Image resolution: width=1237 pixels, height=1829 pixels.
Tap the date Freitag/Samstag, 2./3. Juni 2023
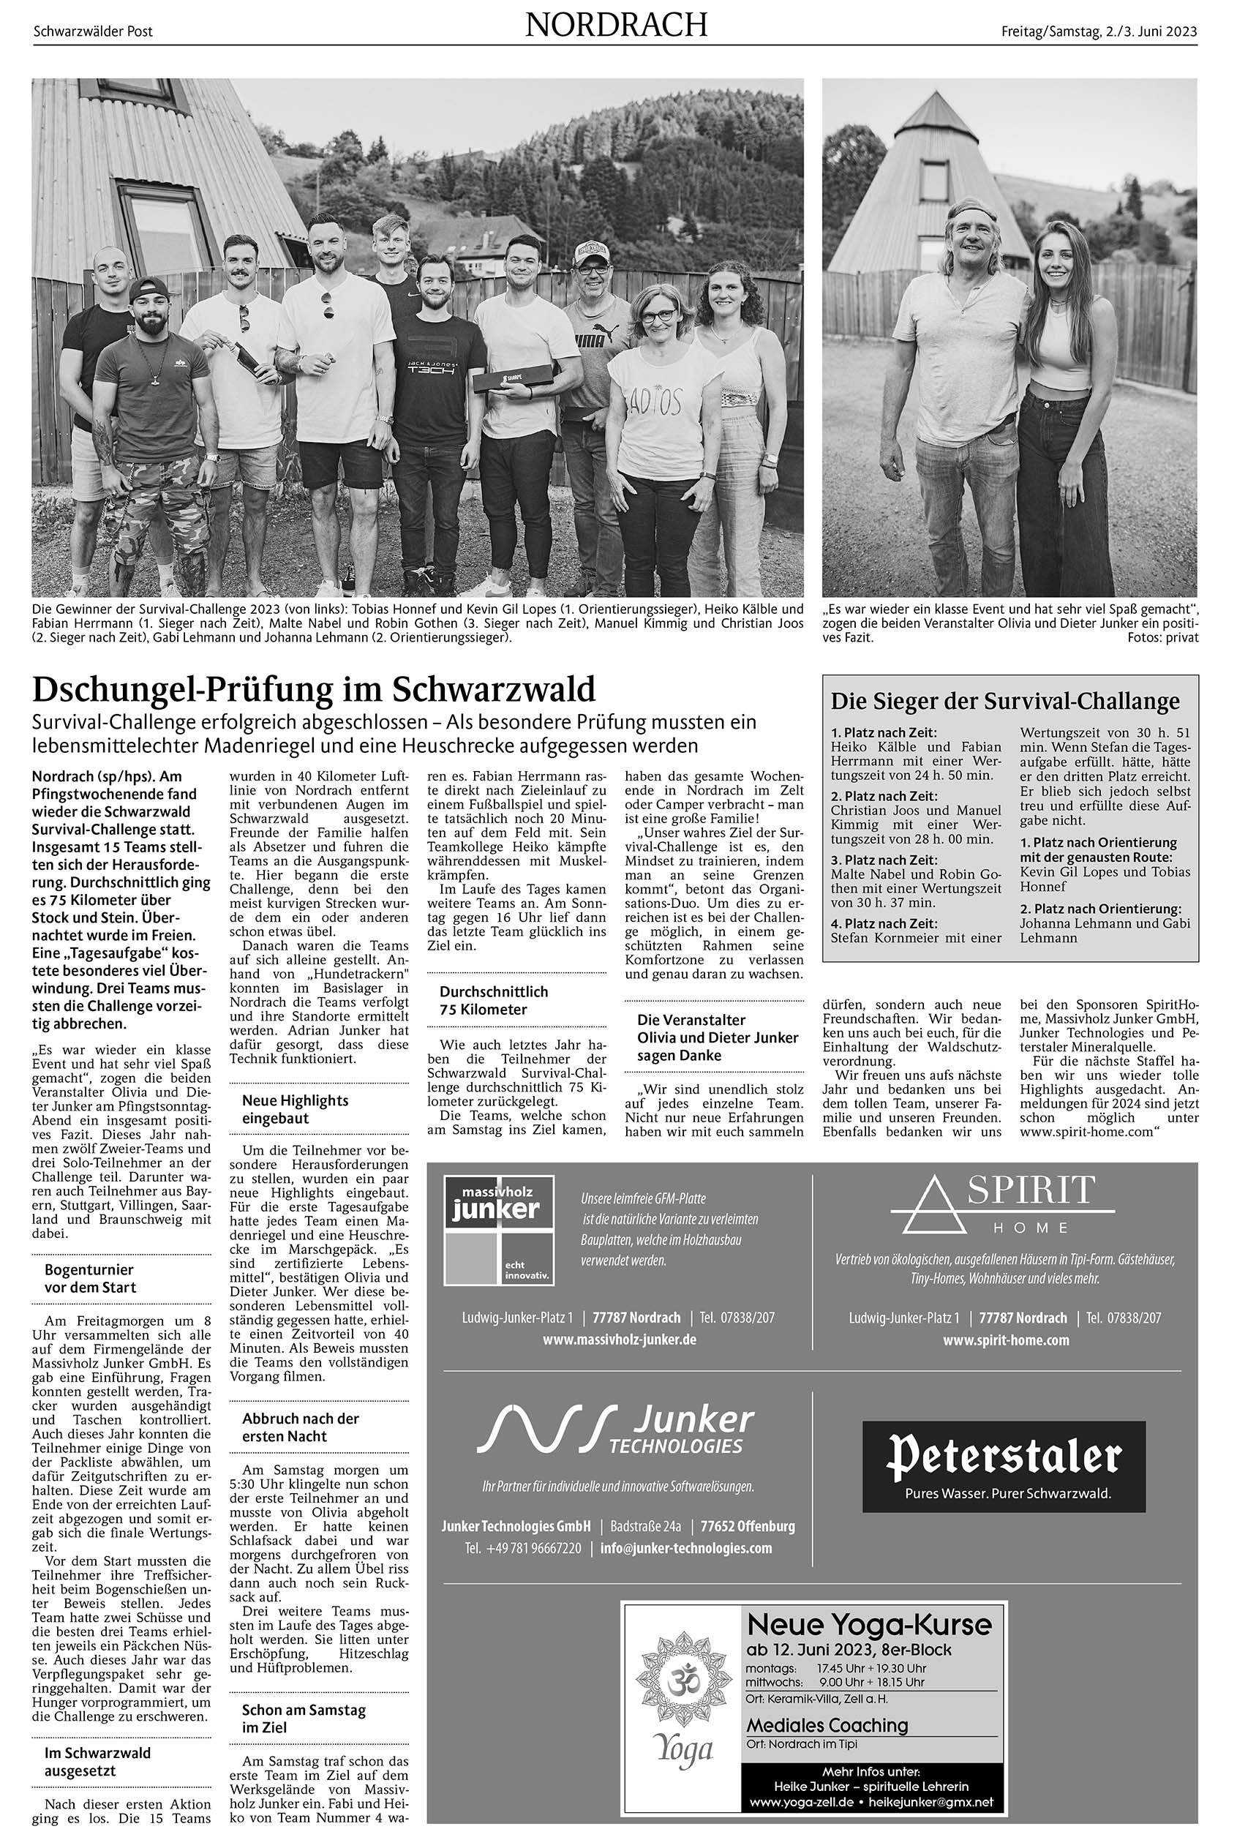click(x=1099, y=31)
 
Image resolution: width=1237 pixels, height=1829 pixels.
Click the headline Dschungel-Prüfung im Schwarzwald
click(x=313, y=689)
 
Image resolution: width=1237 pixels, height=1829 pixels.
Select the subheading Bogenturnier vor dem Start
click(x=90, y=1278)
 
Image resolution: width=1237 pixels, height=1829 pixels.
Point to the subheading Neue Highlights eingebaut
click(x=294, y=1109)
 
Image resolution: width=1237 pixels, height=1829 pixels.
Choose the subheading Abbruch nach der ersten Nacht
click(x=300, y=1427)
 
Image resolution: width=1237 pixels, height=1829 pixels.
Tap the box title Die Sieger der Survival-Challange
click(x=1005, y=700)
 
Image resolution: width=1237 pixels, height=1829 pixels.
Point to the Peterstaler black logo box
click(x=1004, y=1466)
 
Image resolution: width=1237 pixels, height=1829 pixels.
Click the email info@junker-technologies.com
click(x=685, y=1548)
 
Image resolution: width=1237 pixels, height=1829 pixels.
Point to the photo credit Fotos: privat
click(x=1162, y=637)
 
